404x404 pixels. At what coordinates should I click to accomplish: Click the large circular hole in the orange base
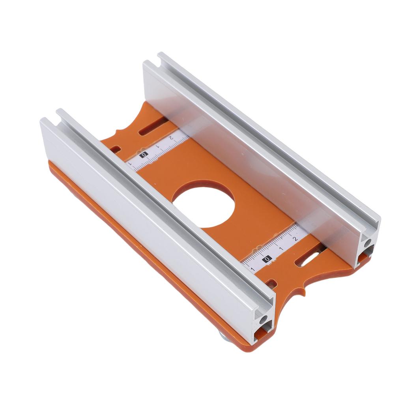tap(203, 207)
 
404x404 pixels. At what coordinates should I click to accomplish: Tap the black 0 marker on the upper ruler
tap(144, 155)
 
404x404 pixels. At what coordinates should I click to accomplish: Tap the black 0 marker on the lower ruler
tap(267, 259)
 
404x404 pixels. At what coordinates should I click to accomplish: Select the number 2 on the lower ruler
tap(295, 238)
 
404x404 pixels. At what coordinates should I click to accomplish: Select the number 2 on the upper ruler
tap(171, 138)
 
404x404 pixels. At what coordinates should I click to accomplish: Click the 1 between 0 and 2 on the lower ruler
tap(281, 249)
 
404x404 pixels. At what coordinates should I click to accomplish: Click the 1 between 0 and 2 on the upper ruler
tap(157, 147)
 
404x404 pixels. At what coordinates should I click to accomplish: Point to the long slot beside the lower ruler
tap(310, 258)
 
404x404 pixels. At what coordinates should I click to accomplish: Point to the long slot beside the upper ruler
tap(153, 127)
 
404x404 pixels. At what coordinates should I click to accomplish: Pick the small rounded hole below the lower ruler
tap(271, 282)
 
